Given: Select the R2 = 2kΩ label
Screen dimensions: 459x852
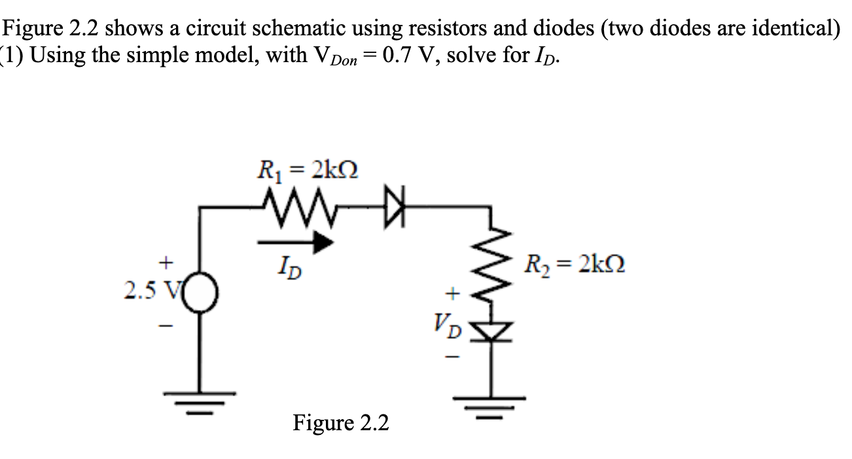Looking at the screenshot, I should tap(573, 265).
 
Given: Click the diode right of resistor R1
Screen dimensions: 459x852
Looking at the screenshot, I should tap(395, 209).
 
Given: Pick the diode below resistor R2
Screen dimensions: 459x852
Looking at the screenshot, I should tap(492, 333).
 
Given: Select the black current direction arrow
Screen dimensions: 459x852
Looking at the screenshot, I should tap(296, 243).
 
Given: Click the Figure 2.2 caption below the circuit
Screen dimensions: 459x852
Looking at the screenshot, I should tap(340, 423).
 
